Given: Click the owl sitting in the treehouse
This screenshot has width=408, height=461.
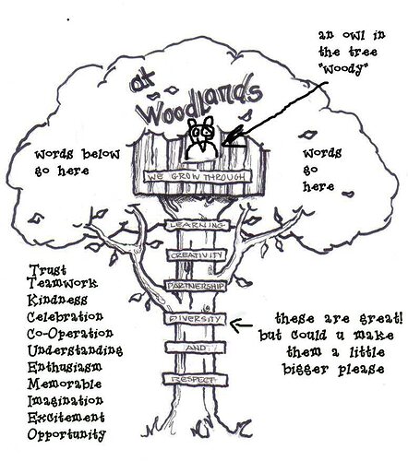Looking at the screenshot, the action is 202,138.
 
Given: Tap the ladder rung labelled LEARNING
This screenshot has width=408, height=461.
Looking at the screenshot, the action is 198,225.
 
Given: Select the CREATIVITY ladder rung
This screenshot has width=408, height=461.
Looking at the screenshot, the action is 197,255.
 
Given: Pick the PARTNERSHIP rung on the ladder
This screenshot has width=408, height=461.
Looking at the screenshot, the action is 196,286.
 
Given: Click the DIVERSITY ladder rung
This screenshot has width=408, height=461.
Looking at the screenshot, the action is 196,319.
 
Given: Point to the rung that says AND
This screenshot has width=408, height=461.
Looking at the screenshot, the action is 196,348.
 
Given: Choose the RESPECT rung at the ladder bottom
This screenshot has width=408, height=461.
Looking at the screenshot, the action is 196,379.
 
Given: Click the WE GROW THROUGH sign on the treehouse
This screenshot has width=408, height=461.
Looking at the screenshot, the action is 198,177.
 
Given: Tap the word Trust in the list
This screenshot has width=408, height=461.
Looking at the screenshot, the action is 48,270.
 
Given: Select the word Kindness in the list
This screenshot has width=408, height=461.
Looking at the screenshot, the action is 57,300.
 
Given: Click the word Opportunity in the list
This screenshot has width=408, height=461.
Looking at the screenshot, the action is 66,434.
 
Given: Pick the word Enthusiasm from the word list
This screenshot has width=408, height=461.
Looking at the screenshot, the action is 65,367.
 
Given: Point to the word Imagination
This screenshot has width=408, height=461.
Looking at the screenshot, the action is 66,401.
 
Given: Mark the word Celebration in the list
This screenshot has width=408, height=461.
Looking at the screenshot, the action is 65,316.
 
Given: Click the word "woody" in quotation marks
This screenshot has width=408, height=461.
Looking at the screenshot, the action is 344,69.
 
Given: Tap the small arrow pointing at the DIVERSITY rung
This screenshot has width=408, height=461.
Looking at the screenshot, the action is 242,325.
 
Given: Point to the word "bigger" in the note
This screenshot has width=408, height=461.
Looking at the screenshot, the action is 307,369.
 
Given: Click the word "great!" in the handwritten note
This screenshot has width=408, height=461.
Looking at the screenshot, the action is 381,319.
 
